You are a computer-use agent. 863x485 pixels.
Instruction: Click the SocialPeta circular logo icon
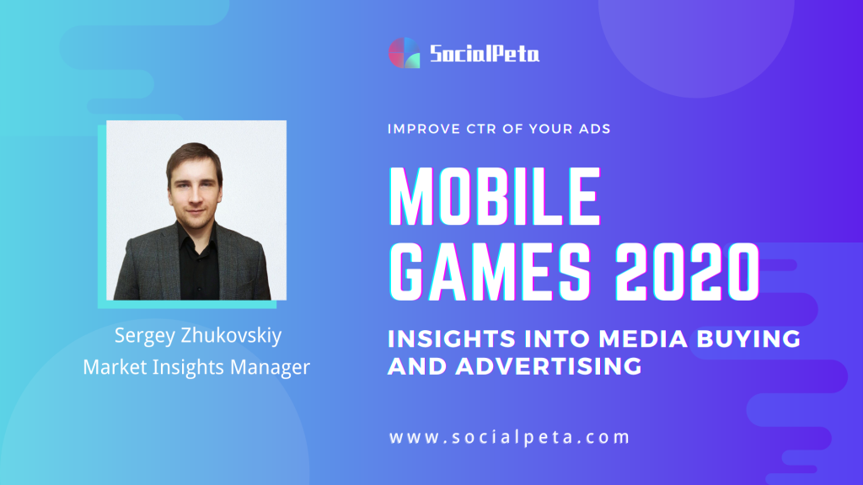pyautogui.click(x=405, y=53)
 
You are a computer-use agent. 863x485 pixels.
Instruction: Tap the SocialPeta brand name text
pyautogui.click(x=485, y=54)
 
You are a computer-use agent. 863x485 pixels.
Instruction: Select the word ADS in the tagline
pyautogui.click(x=594, y=129)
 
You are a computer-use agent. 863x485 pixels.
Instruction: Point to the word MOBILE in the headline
pyautogui.click(x=494, y=196)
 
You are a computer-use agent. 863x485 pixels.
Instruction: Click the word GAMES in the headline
pyautogui.click(x=490, y=272)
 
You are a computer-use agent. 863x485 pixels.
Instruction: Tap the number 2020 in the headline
pyautogui.click(x=687, y=272)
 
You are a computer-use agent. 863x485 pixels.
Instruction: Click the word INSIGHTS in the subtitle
pyautogui.click(x=452, y=338)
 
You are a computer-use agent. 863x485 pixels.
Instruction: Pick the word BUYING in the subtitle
pyautogui.click(x=748, y=338)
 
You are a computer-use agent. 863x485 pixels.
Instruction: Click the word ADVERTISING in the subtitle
pyautogui.click(x=549, y=366)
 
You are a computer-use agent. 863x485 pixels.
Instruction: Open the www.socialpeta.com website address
pyautogui.click(x=509, y=437)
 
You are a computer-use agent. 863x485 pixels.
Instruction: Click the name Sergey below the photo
pyautogui.click(x=145, y=336)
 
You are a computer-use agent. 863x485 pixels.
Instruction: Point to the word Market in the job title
pyautogui.click(x=115, y=367)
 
